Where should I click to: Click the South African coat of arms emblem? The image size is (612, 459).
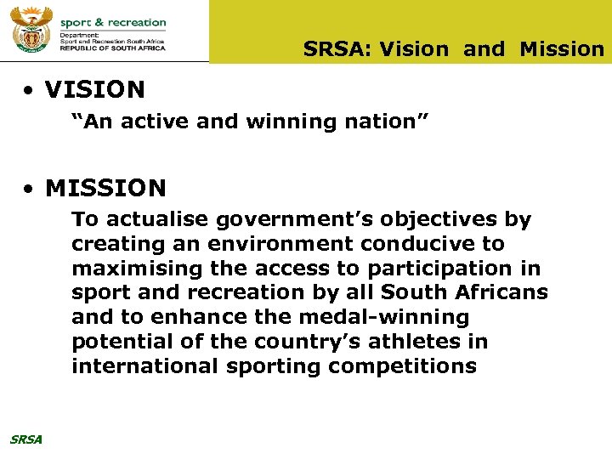click(31, 31)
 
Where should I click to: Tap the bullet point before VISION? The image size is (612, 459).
click(30, 90)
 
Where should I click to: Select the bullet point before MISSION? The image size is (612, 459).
click(30, 188)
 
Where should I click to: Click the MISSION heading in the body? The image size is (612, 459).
click(105, 187)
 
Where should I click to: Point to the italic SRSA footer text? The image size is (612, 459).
click(25, 439)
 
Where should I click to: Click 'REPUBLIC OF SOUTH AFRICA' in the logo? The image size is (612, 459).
click(112, 48)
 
